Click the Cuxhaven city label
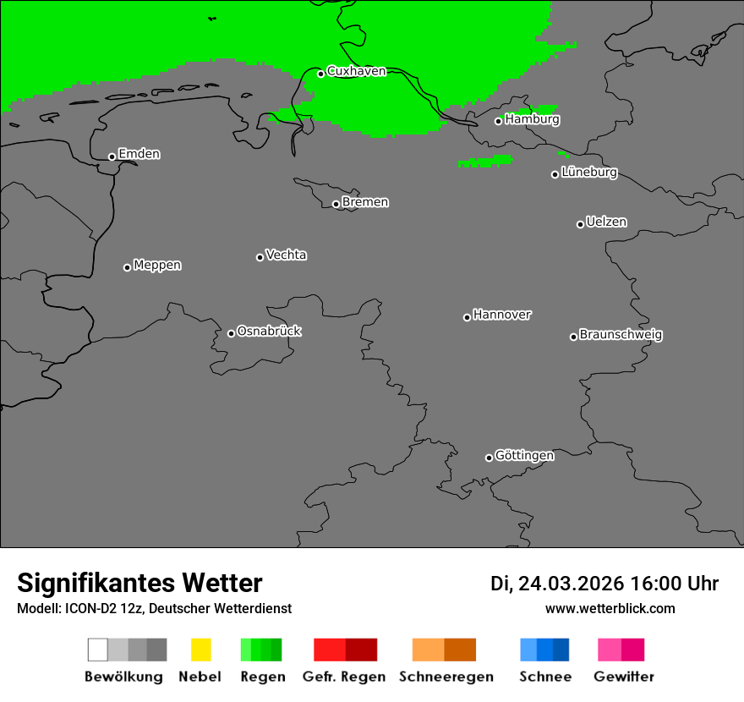pos(356,71)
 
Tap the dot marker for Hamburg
pos(498,121)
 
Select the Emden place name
pos(139,154)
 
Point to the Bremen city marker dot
pos(336,204)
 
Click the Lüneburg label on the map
pos(589,173)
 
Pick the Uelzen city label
pos(606,222)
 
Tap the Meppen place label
pos(157,266)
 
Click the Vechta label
pos(286,255)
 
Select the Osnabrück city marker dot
pos(231,333)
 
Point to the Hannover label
pos(502,315)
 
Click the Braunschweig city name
pos(621,335)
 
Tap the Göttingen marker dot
pos(489,458)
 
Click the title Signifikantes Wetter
pos(139,584)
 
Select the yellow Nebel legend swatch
pos(200,650)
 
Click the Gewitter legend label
pos(624,677)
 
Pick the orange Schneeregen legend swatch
pos(444,650)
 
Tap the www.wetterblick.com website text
pos(610,609)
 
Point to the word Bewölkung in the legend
pos(123,677)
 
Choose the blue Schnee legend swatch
pos(544,650)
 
